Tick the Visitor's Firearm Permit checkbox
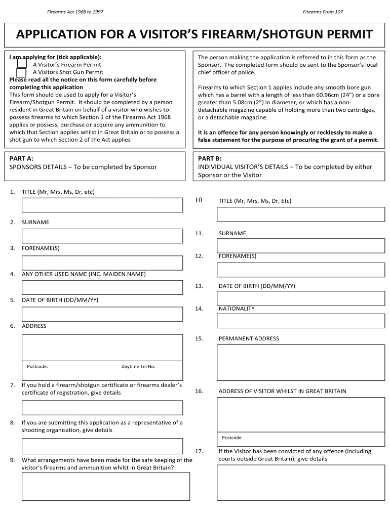point(22,64)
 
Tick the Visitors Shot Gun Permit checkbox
point(22,72)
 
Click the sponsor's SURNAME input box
point(102,236)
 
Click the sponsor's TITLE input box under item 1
point(102,205)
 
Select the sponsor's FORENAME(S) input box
point(102,263)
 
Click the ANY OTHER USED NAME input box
point(102,287)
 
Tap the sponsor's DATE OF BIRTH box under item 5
point(102,314)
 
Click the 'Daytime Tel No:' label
point(138,366)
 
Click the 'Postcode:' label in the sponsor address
point(37,366)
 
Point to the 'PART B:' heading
point(210,158)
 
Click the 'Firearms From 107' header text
point(323,12)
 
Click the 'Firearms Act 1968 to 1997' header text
point(75,12)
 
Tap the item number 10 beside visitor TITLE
point(199,200)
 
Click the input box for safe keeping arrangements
point(105,486)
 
